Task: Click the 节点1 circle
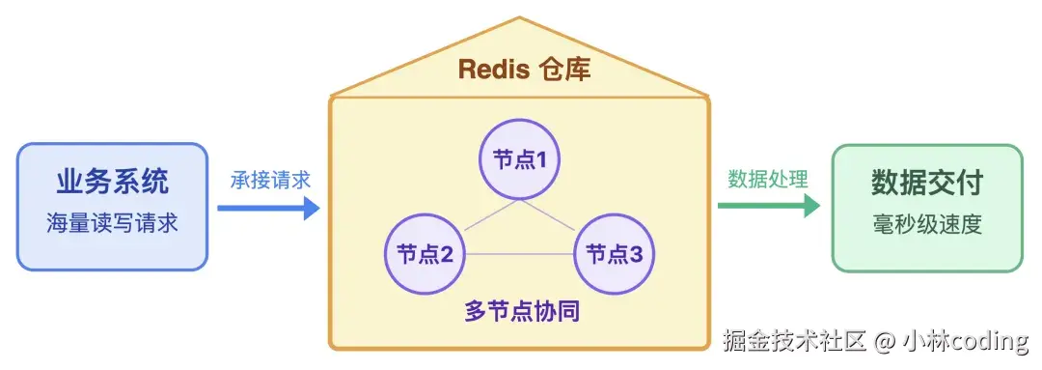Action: click(520, 159)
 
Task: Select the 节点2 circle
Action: click(425, 254)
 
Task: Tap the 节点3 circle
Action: click(615, 254)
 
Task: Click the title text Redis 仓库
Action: click(523, 70)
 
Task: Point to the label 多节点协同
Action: click(521, 312)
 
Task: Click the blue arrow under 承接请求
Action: click(268, 207)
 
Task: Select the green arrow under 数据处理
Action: click(768, 206)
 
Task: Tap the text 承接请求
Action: click(270, 180)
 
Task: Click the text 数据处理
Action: click(768, 180)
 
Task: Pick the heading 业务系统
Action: click(113, 181)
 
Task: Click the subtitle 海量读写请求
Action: click(113, 224)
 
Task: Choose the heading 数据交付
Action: click(927, 182)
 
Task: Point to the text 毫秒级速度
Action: click(927, 225)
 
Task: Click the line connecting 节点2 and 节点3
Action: click(520, 254)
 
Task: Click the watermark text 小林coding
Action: click(965, 340)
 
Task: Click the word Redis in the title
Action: click(491, 70)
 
